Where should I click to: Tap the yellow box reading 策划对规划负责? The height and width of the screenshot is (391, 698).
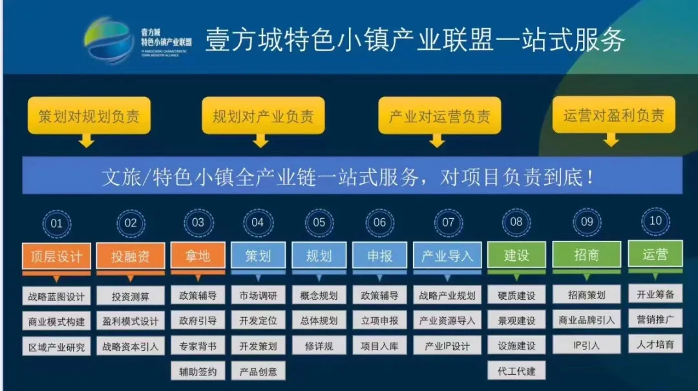pyautogui.click(x=89, y=117)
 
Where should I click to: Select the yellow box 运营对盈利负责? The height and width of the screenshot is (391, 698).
pyautogui.click(x=613, y=115)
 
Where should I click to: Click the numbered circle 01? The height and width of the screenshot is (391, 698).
pyautogui.click(x=57, y=223)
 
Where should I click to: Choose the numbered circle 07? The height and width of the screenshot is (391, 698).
pyautogui.click(x=448, y=223)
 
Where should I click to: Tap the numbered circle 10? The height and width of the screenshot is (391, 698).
pyautogui.click(x=655, y=221)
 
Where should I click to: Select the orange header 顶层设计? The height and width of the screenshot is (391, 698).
pyautogui.click(x=56, y=256)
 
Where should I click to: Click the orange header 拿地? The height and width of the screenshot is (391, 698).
pyautogui.click(x=198, y=256)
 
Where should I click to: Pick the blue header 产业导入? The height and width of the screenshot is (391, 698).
pyautogui.click(x=447, y=256)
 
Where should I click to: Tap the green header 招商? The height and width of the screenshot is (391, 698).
pyautogui.click(x=586, y=254)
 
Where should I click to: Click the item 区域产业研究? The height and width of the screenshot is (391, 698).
pyautogui.click(x=56, y=347)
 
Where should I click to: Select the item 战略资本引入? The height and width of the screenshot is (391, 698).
pyautogui.click(x=131, y=346)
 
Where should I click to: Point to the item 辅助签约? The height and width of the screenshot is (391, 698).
pyautogui.click(x=198, y=372)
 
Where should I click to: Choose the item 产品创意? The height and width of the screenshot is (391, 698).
pyautogui.click(x=258, y=372)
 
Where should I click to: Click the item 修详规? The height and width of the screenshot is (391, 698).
pyautogui.click(x=319, y=346)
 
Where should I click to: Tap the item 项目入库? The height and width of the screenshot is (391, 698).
pyautogui.click(x=379, y=346)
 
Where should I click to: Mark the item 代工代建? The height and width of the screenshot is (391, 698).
pyautogui.click(x=516, y=372)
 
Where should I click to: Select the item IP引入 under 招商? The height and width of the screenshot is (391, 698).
pyautogui.click(x=586, y=345)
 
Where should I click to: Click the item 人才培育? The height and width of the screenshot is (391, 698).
pyautogui.click(x=655, y=344)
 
